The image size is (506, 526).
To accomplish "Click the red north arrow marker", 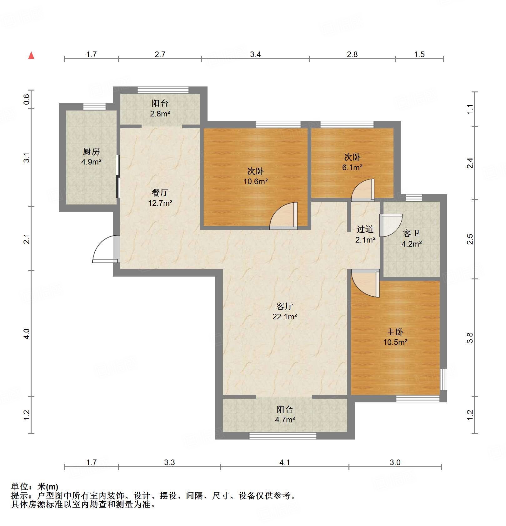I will (x=31, y=56).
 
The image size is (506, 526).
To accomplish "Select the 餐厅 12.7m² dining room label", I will (x=160, y=198).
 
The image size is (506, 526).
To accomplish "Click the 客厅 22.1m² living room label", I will (x=284, y=311).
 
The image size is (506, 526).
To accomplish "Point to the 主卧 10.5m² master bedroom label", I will (x=395, y=337).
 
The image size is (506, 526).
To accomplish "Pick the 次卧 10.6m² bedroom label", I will (x=255, y=176).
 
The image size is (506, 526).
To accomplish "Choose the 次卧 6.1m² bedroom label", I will (x=352, y=162).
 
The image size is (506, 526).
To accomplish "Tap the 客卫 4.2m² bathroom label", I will (x=411, y=238).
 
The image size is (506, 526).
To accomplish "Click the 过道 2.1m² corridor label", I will (x=365, y=234).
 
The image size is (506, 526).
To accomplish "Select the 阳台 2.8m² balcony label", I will (x=160, y=108).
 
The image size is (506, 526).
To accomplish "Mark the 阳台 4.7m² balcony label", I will (x=284, y=415).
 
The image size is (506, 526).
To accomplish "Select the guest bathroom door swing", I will (x=391, y=225).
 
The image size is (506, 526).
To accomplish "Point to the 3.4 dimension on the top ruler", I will (x=255, y=54).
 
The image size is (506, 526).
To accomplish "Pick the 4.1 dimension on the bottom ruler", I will (x=284, y=462).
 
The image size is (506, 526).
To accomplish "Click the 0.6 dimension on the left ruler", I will (x=27, y=99).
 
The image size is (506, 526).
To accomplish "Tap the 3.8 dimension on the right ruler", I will (x=470, y=338).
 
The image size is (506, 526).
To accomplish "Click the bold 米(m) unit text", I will (x=48, y=487).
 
